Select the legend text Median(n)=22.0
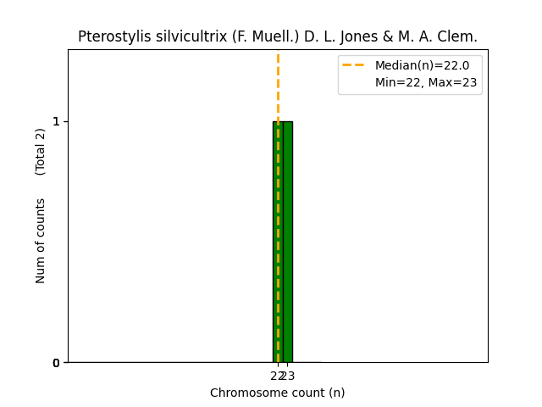422,65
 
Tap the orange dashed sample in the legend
354,65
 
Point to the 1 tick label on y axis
57,121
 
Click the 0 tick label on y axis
57,363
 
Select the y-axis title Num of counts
41,241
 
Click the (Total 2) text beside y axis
41,151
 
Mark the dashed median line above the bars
278,85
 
